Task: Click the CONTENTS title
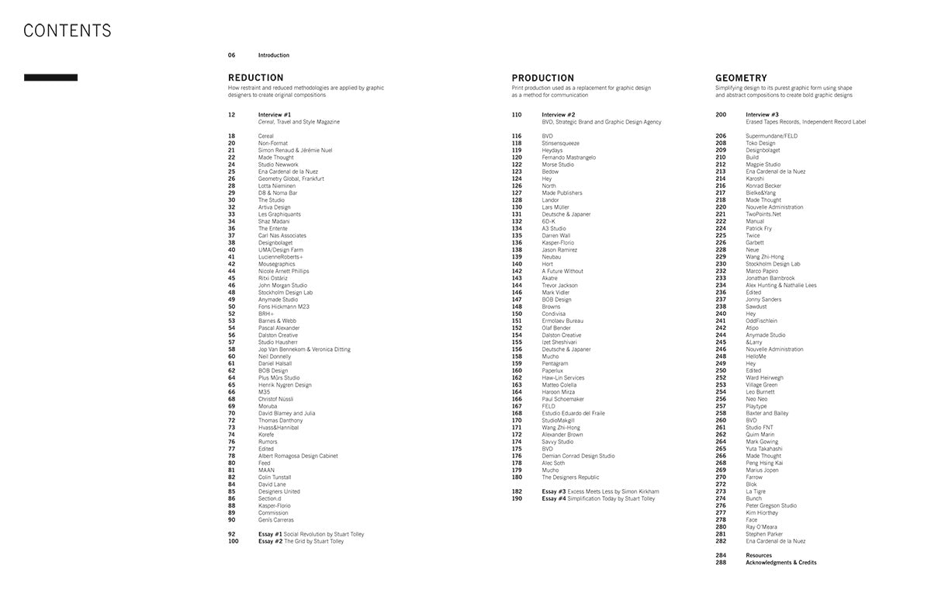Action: tap(67, 31)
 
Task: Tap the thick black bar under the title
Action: tap(51, 78)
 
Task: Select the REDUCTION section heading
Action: tap(256, 78)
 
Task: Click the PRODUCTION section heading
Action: tap(543, 78)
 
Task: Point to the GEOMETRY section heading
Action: tap(742, 78)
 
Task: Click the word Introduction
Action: tap(274, 55)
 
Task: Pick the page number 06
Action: tap(231, 55)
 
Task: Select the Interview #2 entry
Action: tap(558, 115)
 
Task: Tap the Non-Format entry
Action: tap(273, 143)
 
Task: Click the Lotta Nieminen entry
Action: tap(278, 186)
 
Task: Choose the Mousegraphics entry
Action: tap(277, 264)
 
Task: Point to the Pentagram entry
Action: tap(555, 363)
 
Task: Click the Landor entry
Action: tap(550, 200)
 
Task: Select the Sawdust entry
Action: tap(756, 307)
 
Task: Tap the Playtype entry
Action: tap(756, 406)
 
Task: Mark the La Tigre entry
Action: tap(756, 491)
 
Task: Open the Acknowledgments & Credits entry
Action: tap(781, 562)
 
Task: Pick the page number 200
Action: tap(721, 115)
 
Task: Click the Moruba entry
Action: tap(268, 406)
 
